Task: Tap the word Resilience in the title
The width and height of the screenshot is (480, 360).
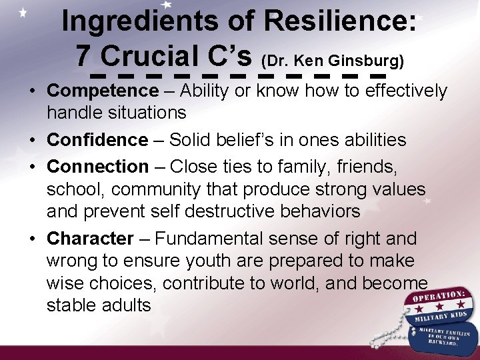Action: [x=340, y=23]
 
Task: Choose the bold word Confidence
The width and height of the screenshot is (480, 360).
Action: [x=97, y=140]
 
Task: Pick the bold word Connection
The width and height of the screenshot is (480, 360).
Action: [x=98, y=166]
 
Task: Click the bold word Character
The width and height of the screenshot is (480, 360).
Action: [x=91, y=238]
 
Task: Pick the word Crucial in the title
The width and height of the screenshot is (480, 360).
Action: [x=153, y=53]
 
